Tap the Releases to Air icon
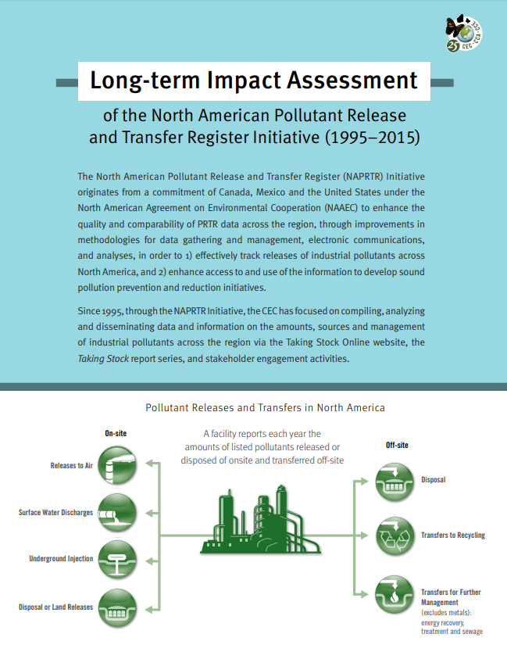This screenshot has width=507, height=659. (117, 466)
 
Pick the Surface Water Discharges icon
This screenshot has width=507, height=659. (117, 513)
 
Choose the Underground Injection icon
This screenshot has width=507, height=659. (117, 559)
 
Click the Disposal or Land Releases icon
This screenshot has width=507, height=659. (117, 607)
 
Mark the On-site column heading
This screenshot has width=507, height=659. (116, 433)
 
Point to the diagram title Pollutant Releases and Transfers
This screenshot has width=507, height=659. (265, 408)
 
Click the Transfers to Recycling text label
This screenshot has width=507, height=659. (453, 535)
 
